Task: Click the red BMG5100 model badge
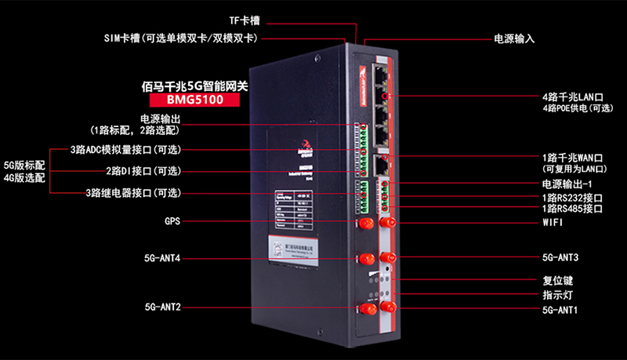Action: point(194,100)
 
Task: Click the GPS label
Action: point(172,222)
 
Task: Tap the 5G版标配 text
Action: point(24,165)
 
